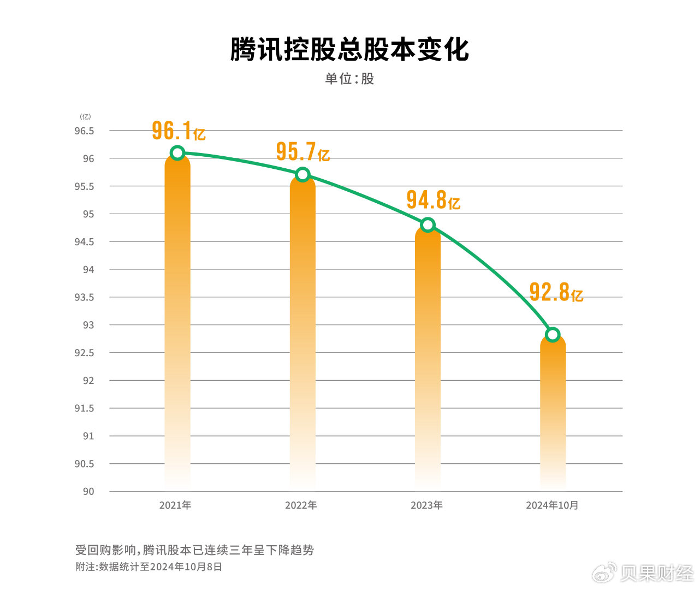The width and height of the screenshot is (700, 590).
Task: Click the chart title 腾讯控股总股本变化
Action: [349, 49]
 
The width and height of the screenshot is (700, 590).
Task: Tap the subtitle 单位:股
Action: [349, 79]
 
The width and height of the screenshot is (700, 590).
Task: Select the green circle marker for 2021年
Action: [177, 153]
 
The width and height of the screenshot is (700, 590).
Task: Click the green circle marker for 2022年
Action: [302, 175]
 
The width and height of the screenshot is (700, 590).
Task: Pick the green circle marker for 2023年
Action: [428, 225]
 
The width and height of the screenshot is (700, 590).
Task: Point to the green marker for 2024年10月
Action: [553, 334]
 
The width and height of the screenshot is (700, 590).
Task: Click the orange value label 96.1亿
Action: [178, 131]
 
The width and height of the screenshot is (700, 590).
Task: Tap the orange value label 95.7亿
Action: [302, 152]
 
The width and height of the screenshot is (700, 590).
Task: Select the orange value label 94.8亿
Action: [433, 200]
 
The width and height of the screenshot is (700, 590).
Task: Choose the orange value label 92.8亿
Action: [556, 293]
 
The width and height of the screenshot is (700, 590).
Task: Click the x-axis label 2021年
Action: [175, 505]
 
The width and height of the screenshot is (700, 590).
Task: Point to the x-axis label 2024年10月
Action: [552, 505]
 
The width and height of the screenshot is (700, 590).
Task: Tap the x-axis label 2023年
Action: [426, 505]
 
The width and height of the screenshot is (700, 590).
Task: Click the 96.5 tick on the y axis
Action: [84, 131]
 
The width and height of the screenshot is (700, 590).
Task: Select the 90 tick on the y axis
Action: [88, 492]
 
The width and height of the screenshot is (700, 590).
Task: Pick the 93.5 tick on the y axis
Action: [84, 297]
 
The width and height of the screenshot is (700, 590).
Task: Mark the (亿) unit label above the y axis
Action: [85, 116]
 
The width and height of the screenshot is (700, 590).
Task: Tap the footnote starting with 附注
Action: [149, 567]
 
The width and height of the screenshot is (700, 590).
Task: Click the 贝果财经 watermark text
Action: [657, 573]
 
